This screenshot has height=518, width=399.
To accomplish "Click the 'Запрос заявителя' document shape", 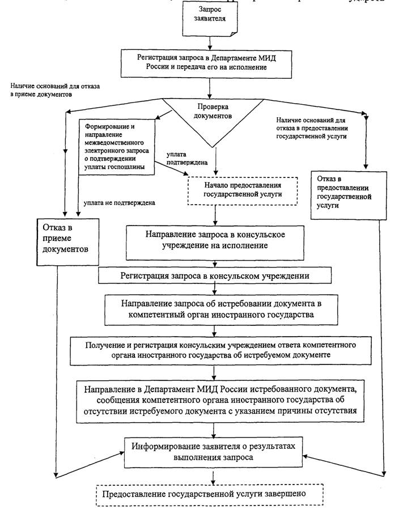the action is coord(210,19).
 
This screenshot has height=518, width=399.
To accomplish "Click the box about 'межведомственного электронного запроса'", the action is coord(117,147).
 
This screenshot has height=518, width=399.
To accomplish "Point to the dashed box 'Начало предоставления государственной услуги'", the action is coord(243,190).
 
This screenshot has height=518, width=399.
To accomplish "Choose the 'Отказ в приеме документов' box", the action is coord(67,242).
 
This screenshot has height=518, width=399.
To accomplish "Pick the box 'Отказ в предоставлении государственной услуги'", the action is coord(349,195).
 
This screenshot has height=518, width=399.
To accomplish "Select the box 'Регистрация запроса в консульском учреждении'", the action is coord(215,275).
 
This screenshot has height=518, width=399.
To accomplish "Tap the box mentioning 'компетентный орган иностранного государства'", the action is coord(221,309).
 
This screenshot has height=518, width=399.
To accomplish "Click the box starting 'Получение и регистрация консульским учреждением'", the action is coord(220,350).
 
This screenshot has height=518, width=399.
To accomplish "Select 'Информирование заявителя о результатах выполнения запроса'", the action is coord(213,452).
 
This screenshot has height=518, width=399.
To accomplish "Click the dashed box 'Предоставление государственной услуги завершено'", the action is coord(209,495).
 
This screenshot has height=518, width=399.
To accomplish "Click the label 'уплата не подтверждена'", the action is coord(119,203).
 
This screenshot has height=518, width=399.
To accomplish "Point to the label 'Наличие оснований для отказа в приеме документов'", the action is coord(55,90).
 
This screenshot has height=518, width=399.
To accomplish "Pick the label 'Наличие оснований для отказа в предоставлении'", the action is coord(312,128).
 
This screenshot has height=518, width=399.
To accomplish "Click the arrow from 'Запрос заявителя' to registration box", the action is coord(210,43).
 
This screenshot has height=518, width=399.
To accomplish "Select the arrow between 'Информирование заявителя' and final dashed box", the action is coord(213,475).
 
